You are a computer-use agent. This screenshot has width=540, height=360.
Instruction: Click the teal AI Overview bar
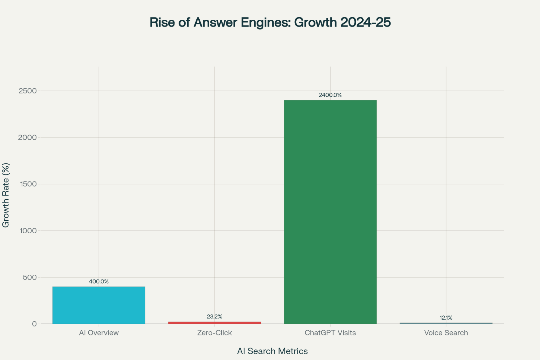click(99, 305)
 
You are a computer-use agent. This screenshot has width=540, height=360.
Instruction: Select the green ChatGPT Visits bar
click(330, 212)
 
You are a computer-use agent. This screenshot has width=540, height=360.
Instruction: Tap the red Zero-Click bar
click(214, 322)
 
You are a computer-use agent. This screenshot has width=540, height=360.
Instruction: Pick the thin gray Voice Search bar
click(446, 323)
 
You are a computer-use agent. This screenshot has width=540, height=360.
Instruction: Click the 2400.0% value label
click(330, 95)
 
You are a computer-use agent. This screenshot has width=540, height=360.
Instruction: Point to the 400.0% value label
click(99, 281)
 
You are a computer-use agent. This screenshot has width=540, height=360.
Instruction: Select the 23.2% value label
click(214, 317)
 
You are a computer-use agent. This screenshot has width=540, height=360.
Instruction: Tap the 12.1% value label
click(446, 318)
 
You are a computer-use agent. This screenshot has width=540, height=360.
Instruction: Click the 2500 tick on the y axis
click(28, 91)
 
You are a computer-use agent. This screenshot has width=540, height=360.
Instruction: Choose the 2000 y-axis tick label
click(28, 137)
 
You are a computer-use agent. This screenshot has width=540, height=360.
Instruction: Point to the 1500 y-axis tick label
click(28, 184)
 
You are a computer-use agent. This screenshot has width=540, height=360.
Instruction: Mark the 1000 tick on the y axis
click(28, 231)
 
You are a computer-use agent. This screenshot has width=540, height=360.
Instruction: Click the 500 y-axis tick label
click(30, 277)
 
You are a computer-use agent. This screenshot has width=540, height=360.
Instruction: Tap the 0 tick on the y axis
click(34, 324)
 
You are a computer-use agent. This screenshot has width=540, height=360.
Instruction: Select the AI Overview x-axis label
click(99, 333)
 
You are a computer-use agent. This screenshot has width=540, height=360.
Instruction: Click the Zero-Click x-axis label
click(214, 333)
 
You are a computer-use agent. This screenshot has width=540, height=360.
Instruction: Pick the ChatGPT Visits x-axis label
click(330, 333)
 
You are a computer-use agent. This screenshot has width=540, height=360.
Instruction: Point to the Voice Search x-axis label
click(446, 333)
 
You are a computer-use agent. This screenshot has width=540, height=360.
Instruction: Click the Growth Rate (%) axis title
click(6, 195)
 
